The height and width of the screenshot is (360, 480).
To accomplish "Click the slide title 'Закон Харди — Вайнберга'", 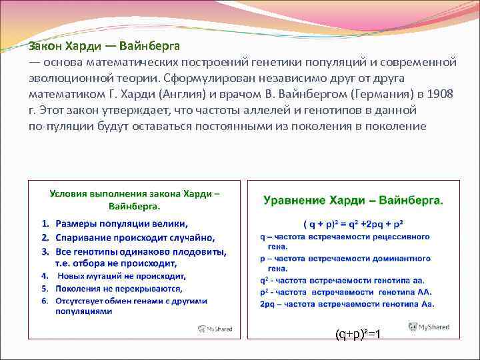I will tap(103, 47).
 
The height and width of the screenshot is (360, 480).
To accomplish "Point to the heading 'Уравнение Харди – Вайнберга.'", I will tap(353, 200).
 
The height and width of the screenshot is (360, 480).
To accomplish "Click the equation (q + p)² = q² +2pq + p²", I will tap(353, 223).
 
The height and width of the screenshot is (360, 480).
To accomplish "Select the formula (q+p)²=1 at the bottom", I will tap(358, 333).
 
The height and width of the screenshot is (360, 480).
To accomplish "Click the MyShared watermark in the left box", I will tap(214, 329).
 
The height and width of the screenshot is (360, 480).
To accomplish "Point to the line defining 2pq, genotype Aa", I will tap(347, 304).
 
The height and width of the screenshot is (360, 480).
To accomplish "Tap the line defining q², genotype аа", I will tap(342, 280).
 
